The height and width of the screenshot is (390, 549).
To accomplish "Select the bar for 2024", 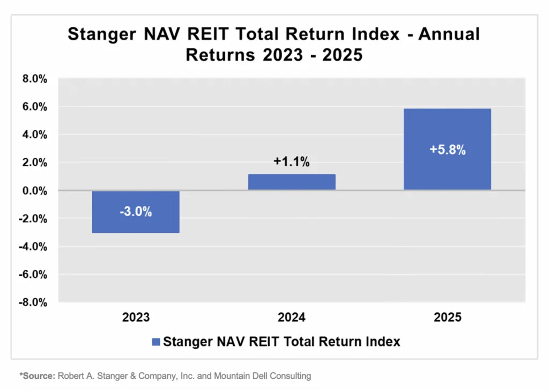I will (x=292, y=182).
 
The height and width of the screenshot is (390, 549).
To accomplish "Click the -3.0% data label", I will (x=136, y=211).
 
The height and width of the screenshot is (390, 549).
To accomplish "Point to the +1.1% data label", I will (x=292, y=162).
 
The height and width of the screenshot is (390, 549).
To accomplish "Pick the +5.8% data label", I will (x=447, y=150).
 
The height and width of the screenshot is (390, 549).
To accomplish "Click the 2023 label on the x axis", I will (x=136, y=318).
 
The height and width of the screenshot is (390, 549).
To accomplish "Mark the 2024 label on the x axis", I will (x=292, y=318).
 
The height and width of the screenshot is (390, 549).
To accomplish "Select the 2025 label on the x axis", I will (x=447, y=318).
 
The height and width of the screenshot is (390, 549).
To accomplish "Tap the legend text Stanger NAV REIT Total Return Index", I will (x=281, y=342).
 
